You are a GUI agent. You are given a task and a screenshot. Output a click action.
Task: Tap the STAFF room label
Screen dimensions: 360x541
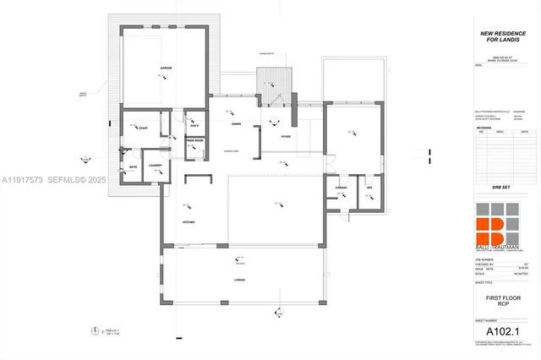143,128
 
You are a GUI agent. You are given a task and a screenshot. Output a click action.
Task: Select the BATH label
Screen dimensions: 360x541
133,167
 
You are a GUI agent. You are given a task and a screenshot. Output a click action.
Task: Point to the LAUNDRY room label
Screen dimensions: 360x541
155,165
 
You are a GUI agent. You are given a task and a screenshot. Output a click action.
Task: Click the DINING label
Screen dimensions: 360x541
236,123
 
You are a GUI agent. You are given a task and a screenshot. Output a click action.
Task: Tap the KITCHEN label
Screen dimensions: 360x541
189,221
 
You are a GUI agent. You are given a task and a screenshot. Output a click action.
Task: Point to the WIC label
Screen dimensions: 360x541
369,186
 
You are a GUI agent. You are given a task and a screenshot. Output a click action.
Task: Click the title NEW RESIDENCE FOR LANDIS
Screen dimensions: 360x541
499,36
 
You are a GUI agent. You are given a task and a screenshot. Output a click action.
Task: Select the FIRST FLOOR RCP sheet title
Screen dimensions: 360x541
500,300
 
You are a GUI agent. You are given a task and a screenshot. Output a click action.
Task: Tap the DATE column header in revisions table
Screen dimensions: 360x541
524,132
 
